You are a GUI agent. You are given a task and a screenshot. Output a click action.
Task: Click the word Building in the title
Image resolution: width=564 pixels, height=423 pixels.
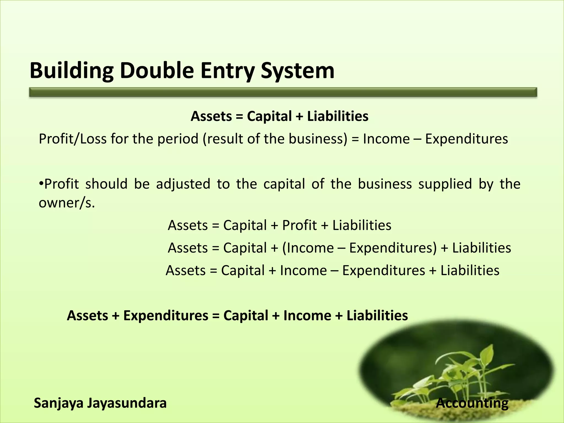[x=71, y=71]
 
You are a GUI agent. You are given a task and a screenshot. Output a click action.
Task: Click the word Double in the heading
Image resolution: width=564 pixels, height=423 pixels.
[x=157, y=71]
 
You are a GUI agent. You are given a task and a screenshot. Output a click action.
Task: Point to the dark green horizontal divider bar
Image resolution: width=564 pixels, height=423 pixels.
[x=283, y=92]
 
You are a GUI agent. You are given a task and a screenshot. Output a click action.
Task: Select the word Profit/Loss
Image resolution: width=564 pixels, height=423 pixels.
[x=72, y=139]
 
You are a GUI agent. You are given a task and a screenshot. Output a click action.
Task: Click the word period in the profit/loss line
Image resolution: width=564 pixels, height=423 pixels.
[x=178, y=139]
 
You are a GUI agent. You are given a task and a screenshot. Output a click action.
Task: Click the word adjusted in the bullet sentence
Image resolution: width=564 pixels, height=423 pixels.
[x=183, y=184]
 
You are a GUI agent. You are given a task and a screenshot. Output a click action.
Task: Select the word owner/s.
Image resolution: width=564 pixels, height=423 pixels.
[x=67, y=203]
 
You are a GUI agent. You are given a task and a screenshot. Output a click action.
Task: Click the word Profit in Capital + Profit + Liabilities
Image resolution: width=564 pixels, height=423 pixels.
[x=299, y=225]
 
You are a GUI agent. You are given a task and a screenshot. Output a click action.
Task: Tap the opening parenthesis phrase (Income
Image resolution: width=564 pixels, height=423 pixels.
[x=308, y=248]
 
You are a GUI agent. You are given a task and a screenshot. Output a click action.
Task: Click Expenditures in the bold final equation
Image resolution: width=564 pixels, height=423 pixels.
[x=166, y=316]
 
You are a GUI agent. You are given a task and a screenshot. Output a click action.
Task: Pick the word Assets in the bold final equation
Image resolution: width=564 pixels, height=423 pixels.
[x=87, y=316]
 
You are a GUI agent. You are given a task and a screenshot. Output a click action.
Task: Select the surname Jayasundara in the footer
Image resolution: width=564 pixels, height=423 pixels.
[x=127, y=403]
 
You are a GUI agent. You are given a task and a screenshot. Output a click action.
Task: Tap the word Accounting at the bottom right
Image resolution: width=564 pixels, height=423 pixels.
[x=472, y=403]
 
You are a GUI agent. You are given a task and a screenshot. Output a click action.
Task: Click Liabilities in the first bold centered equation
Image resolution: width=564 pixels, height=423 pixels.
[x=338, y=116]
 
